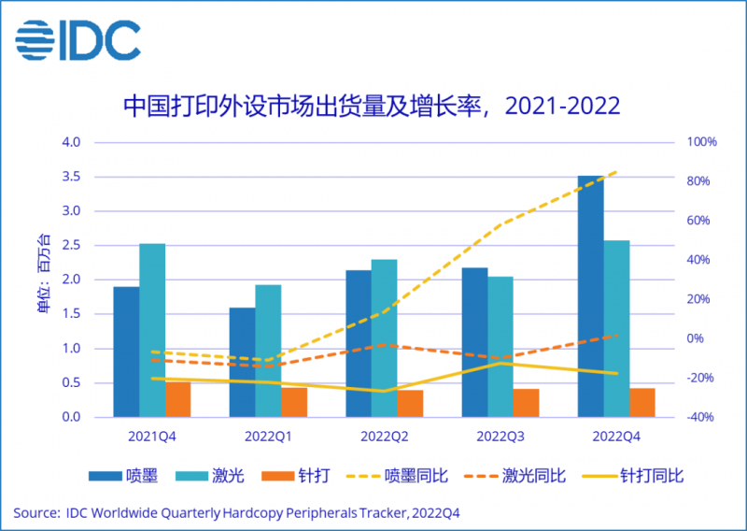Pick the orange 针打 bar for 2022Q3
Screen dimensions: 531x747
click(x=527, y=403)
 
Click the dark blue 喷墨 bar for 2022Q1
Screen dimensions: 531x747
click(x=242, y=362)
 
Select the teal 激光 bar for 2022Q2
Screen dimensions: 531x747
click(x=384, y=337)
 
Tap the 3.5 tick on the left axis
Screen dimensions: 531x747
click(x=73, y=177)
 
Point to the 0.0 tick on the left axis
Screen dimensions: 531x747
click(x=73, y=417)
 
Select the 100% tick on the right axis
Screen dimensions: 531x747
click(x=702, y=142)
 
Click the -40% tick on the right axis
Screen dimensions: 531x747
click(x=702, y=417)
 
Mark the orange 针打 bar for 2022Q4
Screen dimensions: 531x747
click(x=642, y=402)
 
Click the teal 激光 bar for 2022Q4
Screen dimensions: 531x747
click(x=616, y=328)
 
